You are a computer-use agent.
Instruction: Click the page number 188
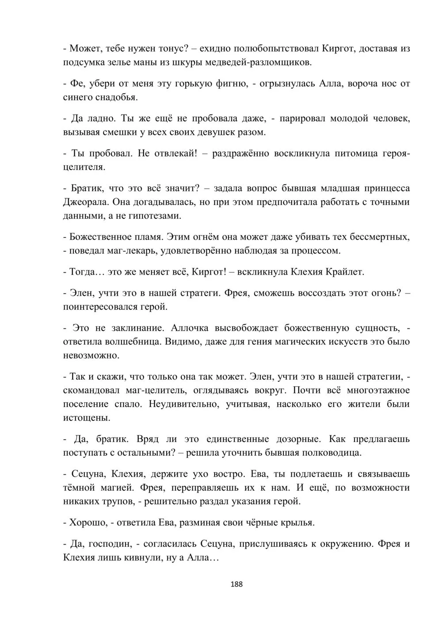237,584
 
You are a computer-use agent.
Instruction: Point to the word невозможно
91,355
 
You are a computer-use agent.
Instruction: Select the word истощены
86,418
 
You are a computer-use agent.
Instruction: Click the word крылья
298,522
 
